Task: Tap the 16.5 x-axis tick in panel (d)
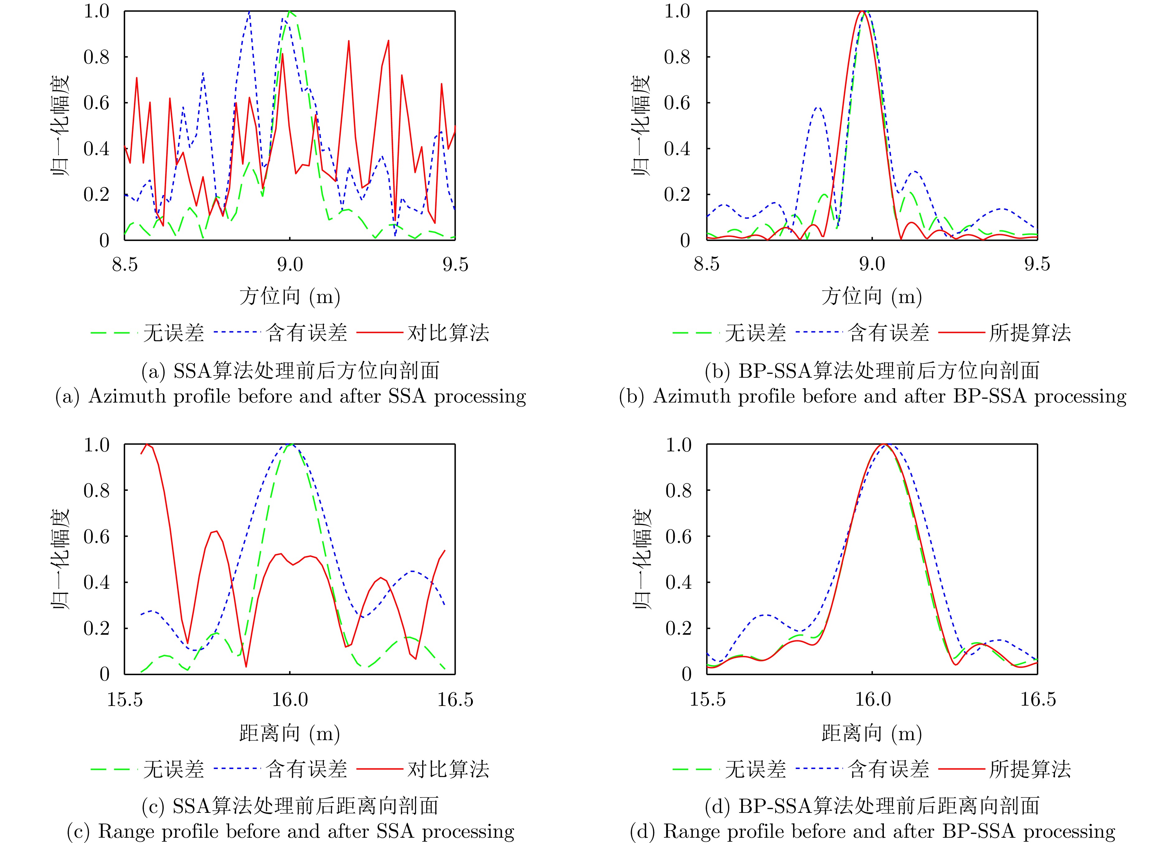[x=1038, y=699]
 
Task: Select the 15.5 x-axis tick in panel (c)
[x=124, y=699]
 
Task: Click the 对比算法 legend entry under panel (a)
[x=448, y=333]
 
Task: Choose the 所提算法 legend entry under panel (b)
[x=1030, y=333]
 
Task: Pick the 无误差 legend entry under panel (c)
[x=173, y=769]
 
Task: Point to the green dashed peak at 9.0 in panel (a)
[x=290, y=12]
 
